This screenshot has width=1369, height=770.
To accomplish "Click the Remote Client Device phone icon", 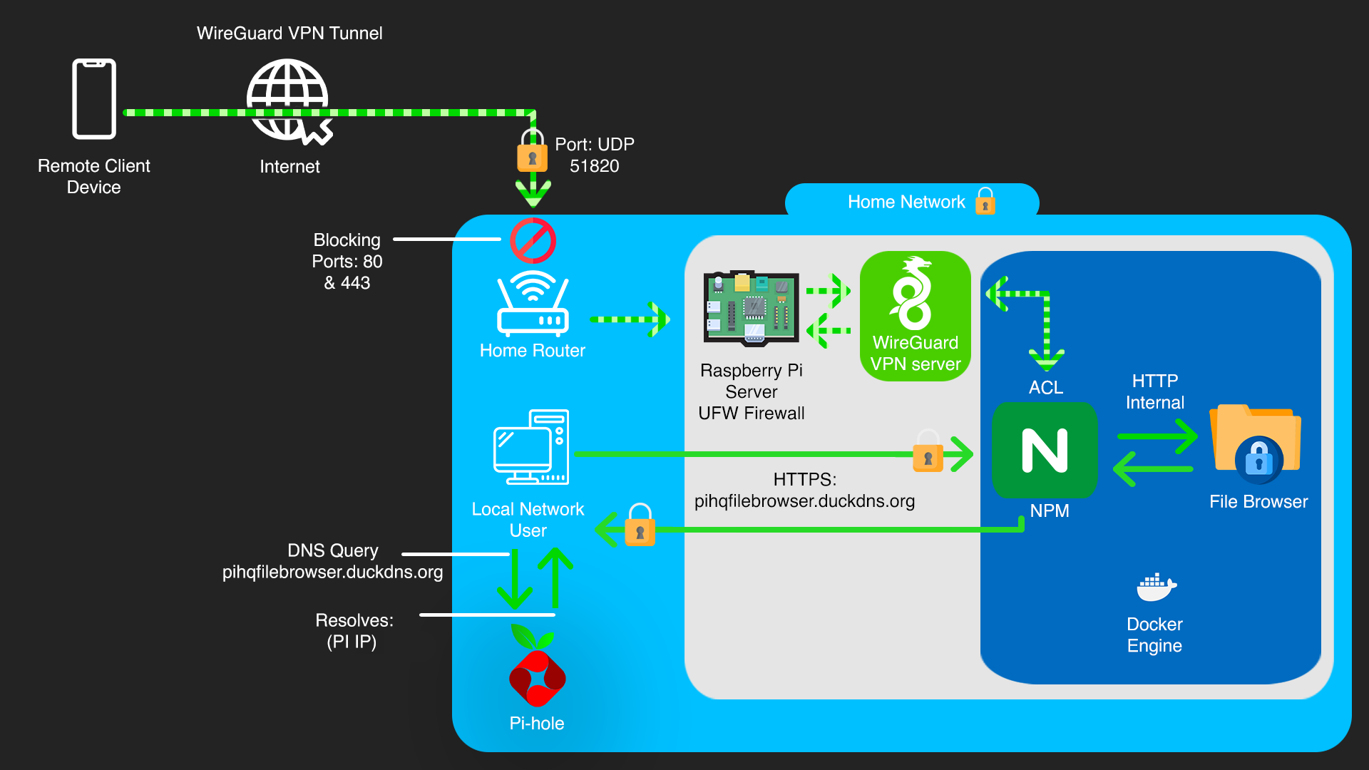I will pyautogui.click(x=94, y=98).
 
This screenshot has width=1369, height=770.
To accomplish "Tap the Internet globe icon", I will pyautogui.click(x=288, y=100).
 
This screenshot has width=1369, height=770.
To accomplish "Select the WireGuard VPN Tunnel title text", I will pyautogui.click(x=289, y=34).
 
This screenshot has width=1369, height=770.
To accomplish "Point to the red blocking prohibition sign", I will pyautogui.click(x=533, y=241).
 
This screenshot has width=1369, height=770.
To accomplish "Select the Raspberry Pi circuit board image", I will pyautogui.click(x=751, y=308).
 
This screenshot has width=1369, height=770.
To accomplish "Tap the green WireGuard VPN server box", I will pyautogui.click(x=916, y=316).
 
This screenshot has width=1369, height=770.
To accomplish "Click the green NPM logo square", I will pyautogui.click(x=1045, y=451).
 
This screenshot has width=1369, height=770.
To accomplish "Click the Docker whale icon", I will pyautogui.click(x=1155, y=587).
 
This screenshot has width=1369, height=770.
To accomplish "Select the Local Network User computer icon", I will pyautogui.click(x=531, y=447).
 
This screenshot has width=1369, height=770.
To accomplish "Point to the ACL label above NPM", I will pyautogui.click(x=1046, y=388).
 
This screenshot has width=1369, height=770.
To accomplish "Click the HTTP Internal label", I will pyautogui.click(x=1155, y=391).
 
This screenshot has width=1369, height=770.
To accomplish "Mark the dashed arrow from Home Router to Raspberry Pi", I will pyautogui.click(x=629, y=319).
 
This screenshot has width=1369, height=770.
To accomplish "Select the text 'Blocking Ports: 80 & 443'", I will pyautogui.click(x=347, y=262).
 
